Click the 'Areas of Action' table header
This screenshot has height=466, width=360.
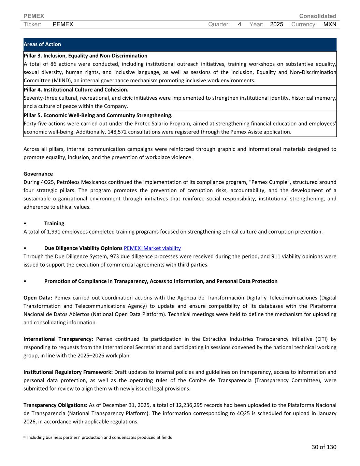pos(42,44)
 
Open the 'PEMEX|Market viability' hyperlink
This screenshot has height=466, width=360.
pos(152,248)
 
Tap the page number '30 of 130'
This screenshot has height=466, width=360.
pos(324,447)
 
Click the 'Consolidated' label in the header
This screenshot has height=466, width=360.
pos(317,16)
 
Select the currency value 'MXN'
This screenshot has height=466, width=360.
pos(330,24)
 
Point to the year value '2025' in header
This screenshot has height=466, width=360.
pos(276,24)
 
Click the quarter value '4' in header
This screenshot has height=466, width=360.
pos(240,24)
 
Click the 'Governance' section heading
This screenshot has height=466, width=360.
pos(38,174)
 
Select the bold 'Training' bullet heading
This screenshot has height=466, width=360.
pos(54,223)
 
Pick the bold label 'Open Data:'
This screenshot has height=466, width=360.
pos(38,298)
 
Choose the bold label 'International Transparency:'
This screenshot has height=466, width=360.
pos(58,339)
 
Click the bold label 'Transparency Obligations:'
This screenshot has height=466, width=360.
pos(56,405)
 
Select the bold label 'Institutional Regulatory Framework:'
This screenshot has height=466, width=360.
pos(68,372)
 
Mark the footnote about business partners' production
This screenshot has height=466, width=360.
pos(99,437)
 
